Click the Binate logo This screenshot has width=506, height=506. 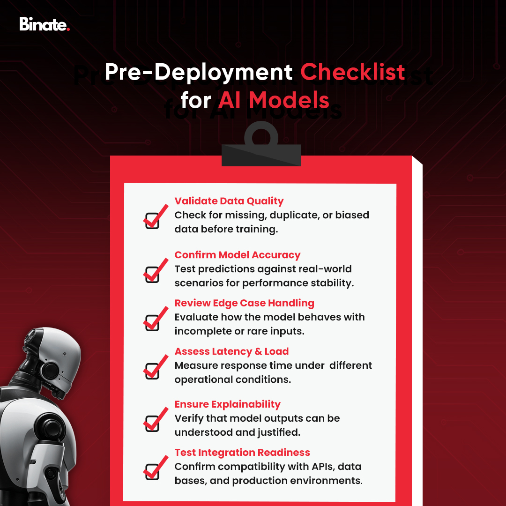pyautogui.click(x=44, y=24)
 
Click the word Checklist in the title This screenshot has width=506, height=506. pyautogui.click(x=352, y=72)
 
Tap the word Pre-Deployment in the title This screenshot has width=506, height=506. pyautogui.click(x=198, y=72)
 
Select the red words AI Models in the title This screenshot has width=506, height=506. pyautogui.click(x=273, y=100)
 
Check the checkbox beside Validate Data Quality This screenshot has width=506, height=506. pyautogui.click(x=152, y=220)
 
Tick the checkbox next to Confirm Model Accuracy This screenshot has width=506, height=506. pyautogui.click(x=152, y=274)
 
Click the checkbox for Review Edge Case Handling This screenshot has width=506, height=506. pyautogui.click(x=152, y=322)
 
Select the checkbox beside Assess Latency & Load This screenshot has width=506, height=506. pyautogui.click(x=152, y=371)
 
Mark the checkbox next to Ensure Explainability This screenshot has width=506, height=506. pyautogui.click(x=152, y=423)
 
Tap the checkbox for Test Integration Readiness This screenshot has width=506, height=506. pyautogui.click(x=152, y=471)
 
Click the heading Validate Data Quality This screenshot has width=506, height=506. pyautogui.click(x=229, y=201)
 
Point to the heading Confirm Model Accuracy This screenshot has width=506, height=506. pyautogui.click(x=238, y=255)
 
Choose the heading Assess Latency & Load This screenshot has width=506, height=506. pyautogui.click(x=231, y=351)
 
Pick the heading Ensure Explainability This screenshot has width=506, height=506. pyautogui.click(x=227, y=404)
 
